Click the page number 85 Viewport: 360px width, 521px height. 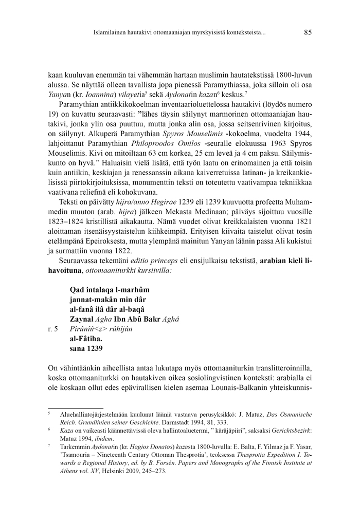[x=308, y=33]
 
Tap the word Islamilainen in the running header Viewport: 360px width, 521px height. [x=112, y=33]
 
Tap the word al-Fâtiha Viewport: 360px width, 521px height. [x=85, y=338]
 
